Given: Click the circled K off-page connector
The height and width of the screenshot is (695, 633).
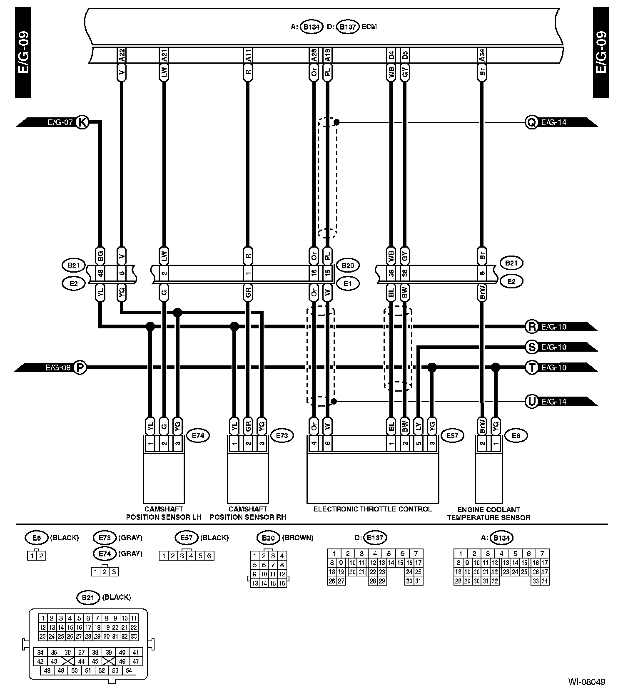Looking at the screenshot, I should pos(82,122).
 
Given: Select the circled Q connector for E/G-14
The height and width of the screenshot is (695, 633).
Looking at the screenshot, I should pos(531,122).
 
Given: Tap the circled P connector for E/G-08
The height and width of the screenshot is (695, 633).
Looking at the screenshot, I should pos(80,367).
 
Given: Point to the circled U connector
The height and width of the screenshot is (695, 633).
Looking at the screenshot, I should pos(531,402).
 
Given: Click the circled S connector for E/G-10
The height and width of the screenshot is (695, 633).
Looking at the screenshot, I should pos(531,347).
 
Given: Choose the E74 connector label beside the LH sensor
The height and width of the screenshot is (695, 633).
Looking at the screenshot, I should pos(198,436).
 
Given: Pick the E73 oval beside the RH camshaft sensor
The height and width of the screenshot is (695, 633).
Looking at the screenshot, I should pos(282,436).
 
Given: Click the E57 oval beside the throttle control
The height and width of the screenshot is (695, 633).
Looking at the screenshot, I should pos(452,436).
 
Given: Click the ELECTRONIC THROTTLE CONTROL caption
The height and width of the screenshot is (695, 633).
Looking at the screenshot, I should pos(372,509).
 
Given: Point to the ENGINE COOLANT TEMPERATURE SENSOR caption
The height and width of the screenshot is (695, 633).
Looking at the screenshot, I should pos(488,514).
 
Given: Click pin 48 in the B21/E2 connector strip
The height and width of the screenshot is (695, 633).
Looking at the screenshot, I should pos(100,273).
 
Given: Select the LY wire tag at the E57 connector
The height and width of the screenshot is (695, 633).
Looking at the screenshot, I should pos(419,424).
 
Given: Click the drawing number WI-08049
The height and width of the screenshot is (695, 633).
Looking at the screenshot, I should pos(587,682).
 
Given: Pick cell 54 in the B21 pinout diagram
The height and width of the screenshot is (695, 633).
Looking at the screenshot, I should pos(129,670).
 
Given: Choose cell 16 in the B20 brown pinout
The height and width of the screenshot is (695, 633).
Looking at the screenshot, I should pos(282,583).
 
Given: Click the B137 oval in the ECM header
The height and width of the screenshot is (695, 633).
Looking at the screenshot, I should pos(347,27).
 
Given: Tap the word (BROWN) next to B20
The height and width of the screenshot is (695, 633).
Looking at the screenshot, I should pos(298,538).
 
